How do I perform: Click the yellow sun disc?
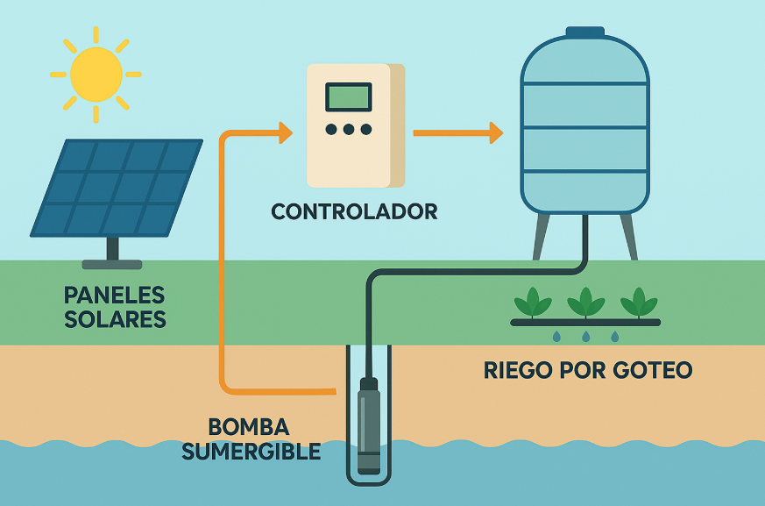(96, 74)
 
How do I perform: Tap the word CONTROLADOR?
(353, 211)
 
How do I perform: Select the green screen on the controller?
(348, 97)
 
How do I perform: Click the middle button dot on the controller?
(349, 130)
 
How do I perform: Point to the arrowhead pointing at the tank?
(496, 133)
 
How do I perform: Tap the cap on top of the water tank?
(584, 32)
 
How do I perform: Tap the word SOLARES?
(115, 318)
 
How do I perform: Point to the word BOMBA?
(248, 428)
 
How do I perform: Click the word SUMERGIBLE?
(264, 452)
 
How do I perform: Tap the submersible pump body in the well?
(369, 425)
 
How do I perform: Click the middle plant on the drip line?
(585, 303)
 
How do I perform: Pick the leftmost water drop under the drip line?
(556, 337)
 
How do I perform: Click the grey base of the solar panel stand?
(111, 264)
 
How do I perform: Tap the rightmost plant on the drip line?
(639, 303)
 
